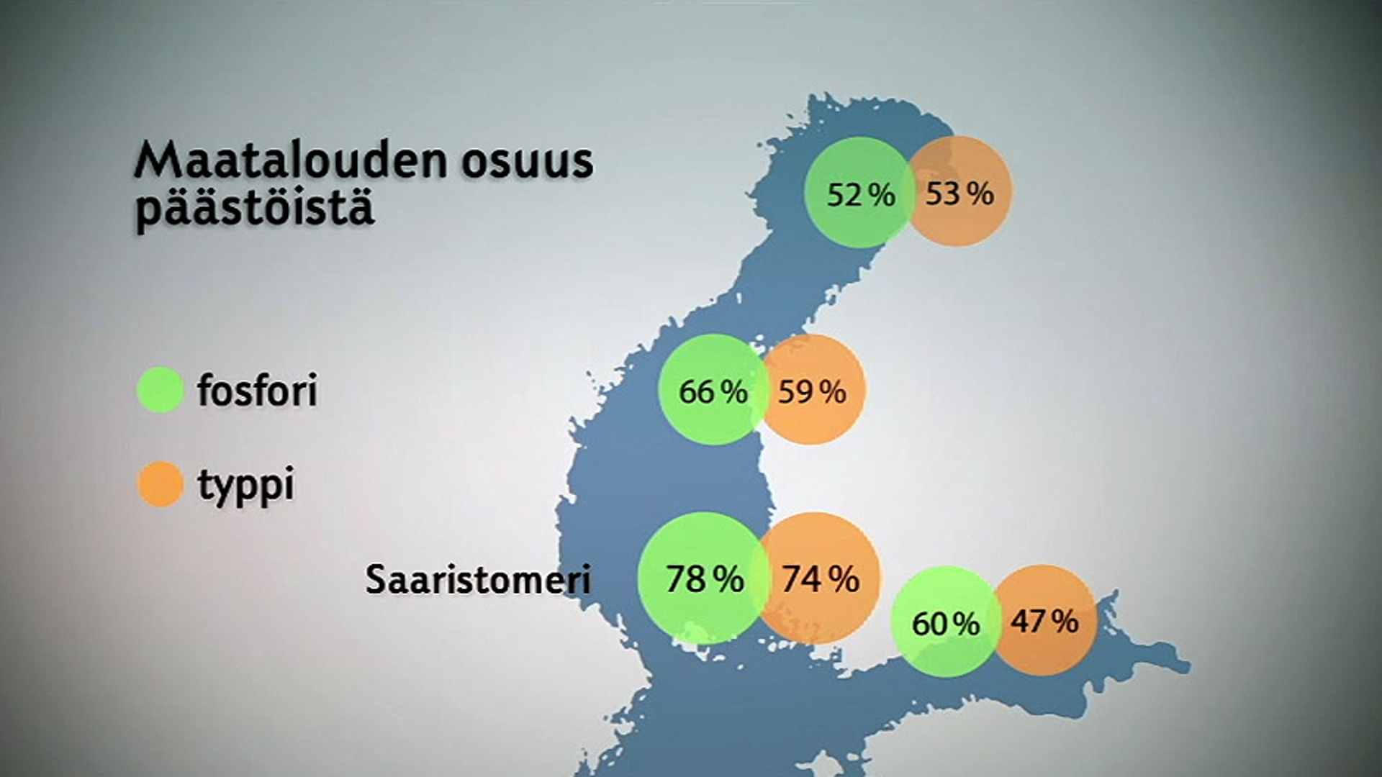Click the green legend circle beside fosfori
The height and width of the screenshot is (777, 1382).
pos(160,389)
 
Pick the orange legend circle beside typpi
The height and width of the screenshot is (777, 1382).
pos(160,484)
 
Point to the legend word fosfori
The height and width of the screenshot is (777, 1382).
pos(257,390)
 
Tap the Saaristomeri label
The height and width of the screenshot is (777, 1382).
pos(478,579)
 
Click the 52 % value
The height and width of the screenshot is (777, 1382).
pos(861,195)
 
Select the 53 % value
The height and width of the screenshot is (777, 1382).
pos(959,194)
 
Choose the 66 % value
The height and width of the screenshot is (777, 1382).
pos(713,392)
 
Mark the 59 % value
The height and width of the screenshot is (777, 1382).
pos(812,392)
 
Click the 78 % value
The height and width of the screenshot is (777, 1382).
pos(705,579)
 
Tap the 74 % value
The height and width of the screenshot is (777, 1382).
pos(821,579)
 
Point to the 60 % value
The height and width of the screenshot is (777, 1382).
pos(946,624)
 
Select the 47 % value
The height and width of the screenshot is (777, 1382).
pos(1044,621)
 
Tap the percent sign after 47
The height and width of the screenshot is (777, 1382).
pos(1066,621)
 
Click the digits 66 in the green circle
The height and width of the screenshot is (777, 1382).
pos(696,392)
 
